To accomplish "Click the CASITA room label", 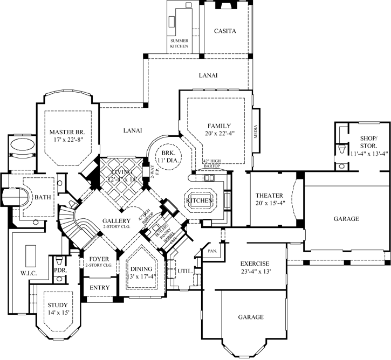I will coord(225,31).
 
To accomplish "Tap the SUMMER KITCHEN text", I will coord(179,44).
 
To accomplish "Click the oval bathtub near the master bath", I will coord(22,146).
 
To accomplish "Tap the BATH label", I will coord(43,197).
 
